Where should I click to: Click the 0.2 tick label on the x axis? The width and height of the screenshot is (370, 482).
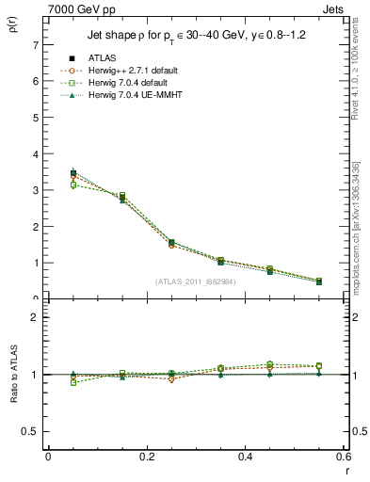pyautogui.click(x=146, y=457)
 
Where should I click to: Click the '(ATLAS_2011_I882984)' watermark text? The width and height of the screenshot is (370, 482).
pyautogui.click(x=195, y=281)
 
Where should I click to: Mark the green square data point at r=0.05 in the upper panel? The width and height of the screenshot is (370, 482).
pyautogui.click(x=48, y=185)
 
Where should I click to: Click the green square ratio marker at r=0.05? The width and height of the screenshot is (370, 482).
pyautogui.click(x=48, y=382)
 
